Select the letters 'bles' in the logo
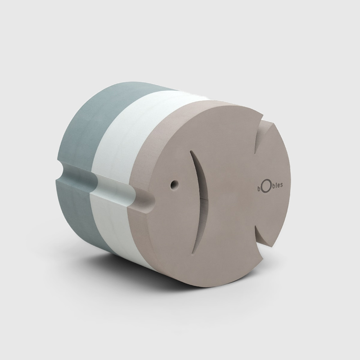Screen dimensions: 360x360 click(276, 185)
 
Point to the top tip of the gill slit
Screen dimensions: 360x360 click(190, 151)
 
